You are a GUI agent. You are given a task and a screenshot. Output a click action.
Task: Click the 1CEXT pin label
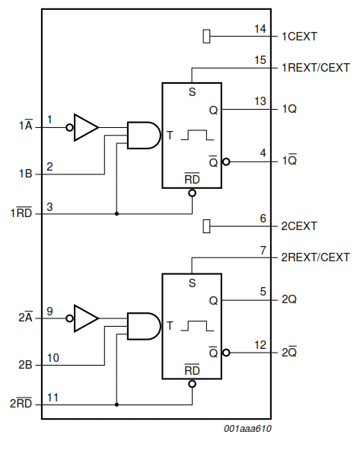pyautogui.click(x=299, y=37)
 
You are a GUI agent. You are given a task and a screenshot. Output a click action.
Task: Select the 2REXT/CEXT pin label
pyautogui.click(x=315, y=257)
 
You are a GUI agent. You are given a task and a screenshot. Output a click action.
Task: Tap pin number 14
pyautogui.click(x=260, y=29)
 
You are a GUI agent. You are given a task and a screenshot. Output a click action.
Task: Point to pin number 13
pyautogui.click(x=260, y=101)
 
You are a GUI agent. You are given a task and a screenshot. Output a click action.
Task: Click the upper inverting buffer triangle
pyautogui.click(x=86, y=127)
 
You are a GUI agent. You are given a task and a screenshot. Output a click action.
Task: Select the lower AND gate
pyautogui.click(x=144, y=326)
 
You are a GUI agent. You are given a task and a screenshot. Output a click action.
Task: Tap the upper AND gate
pyautogui.click(x=144, y=136)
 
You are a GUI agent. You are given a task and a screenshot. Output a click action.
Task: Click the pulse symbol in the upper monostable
pyautogui.click(x=197, y=136)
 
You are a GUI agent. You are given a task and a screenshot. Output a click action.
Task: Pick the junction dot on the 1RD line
pyautogui.click(x=116, y=213)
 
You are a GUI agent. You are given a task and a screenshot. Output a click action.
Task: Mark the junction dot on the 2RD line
pyautogui.click(x=116, y=404)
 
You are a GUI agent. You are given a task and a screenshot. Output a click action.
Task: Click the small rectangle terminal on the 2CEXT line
pyautogui.click(x=206, y=226)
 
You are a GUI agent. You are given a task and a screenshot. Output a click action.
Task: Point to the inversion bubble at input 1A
pyautogui.click(x=69, y=127)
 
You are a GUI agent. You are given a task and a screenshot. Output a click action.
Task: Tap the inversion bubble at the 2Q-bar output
pyautogui.click(x=226, y=353)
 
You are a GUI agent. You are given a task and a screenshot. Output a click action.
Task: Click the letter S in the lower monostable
pyautogui.click(x=192, y=283)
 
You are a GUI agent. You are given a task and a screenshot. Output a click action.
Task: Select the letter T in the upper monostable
pyautogui.click(x=170, y=136)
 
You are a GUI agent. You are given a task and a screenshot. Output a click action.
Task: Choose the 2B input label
pyautogui.click(x=25, y=365)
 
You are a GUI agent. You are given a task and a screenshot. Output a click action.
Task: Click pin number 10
pyautogui.click(x=53, y=358)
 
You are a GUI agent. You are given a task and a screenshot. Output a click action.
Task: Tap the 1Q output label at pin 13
pyautogui.click(x=289, y=109)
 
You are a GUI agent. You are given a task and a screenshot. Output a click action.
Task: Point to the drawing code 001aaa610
pyautogui.click(x=247, y=428)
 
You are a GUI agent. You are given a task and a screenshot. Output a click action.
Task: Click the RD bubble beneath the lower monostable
pyautogui.click(x=192, y=384)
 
